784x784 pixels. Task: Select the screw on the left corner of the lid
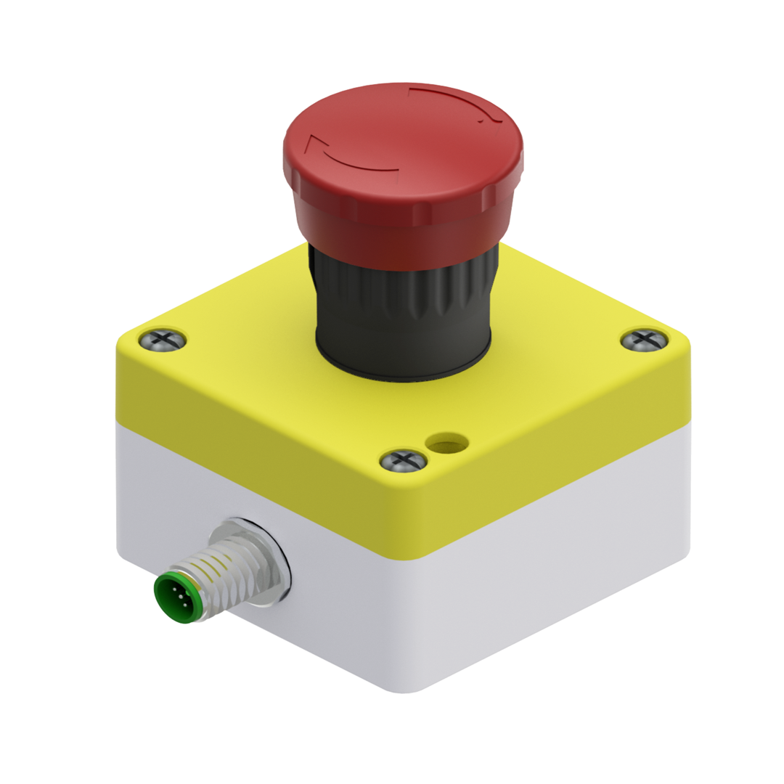162,338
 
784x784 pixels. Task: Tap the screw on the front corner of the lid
404,460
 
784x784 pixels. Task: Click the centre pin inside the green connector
178,597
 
